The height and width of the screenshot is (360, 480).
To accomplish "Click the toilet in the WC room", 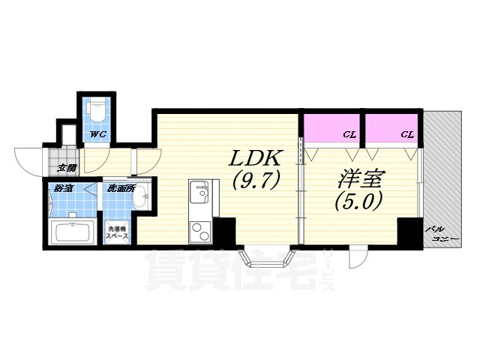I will (95, 112).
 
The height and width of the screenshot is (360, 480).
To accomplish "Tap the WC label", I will (97, 134).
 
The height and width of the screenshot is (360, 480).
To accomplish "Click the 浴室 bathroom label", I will (63, 188).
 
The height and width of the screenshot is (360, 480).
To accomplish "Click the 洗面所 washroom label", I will (120, 188).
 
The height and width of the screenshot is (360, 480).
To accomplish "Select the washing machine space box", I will (118, 232).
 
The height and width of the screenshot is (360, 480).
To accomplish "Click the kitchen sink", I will (199, 194).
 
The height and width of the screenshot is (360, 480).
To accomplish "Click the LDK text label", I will (255, 160).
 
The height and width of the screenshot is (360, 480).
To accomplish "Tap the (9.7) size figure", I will (255, 181).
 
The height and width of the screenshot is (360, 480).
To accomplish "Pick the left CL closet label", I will (349, 135).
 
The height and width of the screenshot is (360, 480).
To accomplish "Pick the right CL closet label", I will (406, 135).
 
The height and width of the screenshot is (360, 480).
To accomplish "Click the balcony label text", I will (439, 232).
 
